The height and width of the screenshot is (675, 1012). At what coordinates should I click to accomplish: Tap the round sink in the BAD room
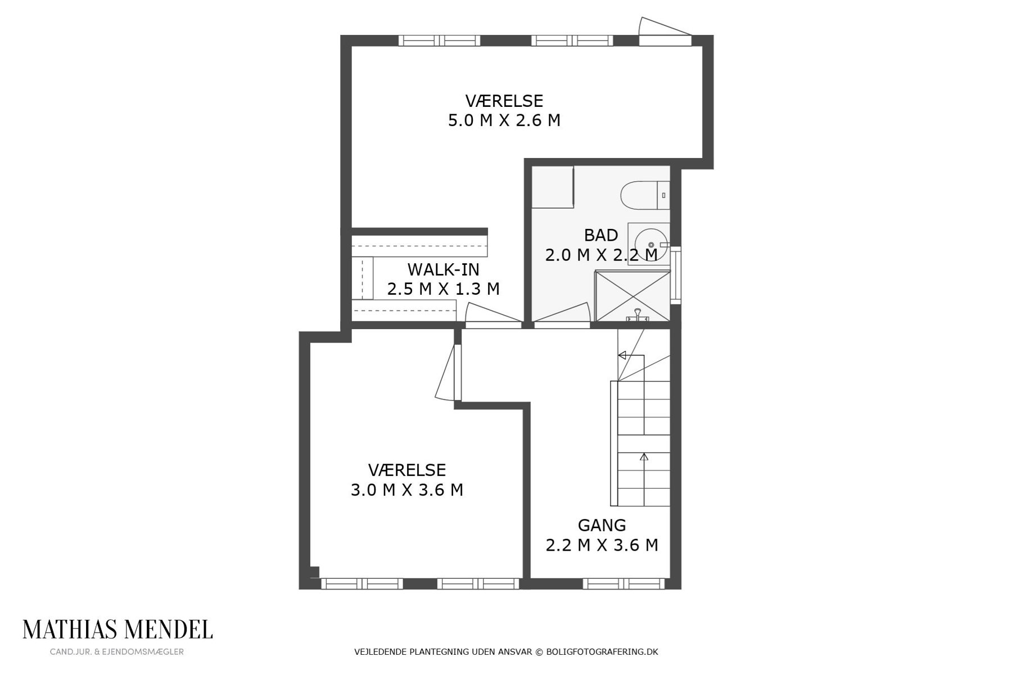651,245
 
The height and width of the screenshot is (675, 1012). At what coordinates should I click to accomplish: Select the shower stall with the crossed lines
632,296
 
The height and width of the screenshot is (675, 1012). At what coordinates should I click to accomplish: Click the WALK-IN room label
443,269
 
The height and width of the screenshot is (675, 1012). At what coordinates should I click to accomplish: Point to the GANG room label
602,525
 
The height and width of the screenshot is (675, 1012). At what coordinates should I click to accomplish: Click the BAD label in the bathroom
601,235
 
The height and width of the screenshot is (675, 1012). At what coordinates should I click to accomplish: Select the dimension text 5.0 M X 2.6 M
504,120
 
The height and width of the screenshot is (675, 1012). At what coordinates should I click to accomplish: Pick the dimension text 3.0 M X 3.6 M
407,490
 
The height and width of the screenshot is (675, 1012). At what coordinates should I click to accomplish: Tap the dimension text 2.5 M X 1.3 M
443,289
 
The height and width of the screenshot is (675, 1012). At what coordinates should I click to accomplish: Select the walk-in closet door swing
493,314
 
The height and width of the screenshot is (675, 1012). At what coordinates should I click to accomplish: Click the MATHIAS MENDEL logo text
118,629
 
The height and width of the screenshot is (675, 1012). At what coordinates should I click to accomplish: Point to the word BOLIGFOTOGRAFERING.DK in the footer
602,652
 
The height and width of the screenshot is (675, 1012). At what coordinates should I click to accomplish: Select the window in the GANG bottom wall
624,584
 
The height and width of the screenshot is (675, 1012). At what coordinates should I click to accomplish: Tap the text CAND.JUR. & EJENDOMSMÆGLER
117,652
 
